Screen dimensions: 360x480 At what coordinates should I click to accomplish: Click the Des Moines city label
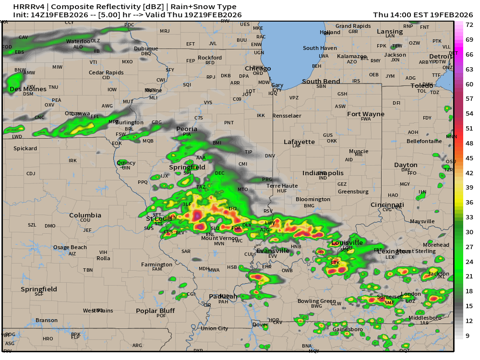[28, 89]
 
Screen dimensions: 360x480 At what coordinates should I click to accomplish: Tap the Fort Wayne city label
[366, 114]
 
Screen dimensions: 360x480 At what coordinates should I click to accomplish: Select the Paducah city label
[223, 297]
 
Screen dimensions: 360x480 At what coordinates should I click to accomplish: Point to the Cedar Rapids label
[106, 72]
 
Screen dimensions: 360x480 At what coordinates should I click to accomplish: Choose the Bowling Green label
[317, 301]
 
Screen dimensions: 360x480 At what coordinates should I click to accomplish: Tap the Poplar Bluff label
[155, 311]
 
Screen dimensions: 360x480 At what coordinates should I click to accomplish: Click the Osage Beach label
[70, 247]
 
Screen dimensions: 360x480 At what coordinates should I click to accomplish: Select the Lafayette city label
[299, 142]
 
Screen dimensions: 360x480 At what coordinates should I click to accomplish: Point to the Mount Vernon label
[220, 238]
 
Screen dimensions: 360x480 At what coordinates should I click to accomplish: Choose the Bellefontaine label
[424, 141]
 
